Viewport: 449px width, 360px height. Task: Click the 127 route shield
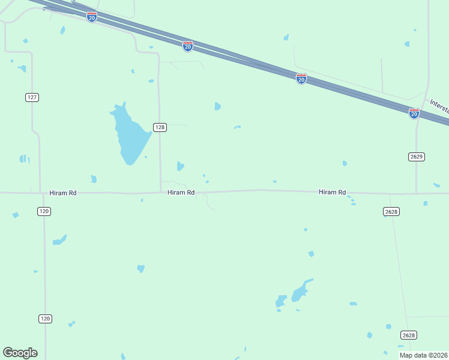[32, 97]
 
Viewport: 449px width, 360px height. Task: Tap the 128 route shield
[160, 127]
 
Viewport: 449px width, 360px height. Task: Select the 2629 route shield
[417, 157]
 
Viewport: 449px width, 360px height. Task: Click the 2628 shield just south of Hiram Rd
[391, 211]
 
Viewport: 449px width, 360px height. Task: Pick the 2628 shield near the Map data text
[409, 335]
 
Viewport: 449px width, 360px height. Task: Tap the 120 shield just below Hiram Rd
[44, 211]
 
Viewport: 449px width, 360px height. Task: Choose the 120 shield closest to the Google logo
[45, 319]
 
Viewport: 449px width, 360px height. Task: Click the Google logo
[20, 353]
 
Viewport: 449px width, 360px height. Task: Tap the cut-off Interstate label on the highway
[439, 106]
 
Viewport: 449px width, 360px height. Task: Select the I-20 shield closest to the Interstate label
[414, 113]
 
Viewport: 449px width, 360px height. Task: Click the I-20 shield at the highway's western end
[91, 17]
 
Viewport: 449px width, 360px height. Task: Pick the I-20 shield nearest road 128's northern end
[188, 46]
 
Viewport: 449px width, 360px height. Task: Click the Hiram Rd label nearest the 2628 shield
[333, 193]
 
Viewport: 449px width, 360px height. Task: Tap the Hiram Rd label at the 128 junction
[181, 193]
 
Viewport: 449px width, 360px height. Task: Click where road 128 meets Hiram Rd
[161, 193]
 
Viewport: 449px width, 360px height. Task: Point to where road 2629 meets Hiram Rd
[416, 193]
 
